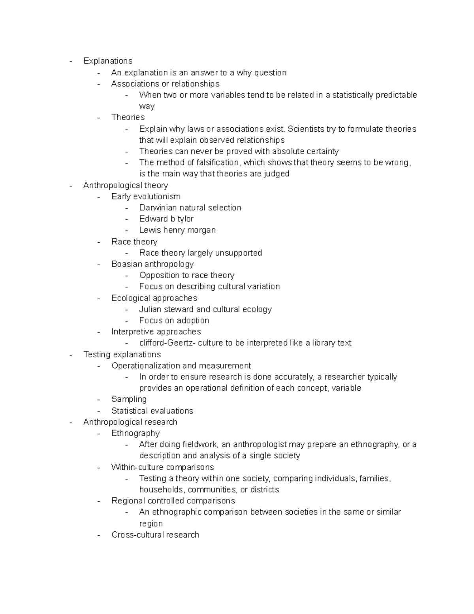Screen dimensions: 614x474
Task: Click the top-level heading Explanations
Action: click(107, 61)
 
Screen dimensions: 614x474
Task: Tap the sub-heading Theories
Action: click(128, 117)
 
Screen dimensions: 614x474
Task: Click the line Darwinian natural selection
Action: click(190, 208)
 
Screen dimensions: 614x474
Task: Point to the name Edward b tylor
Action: click(166, 219)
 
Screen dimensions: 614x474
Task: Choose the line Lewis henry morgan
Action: click(177, 230)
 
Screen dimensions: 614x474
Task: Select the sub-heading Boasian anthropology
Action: click(152, 264)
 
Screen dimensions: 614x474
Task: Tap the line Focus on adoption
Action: click(174, 321)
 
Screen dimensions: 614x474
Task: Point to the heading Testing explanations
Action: click(122, 355)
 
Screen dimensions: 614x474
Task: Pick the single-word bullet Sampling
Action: click(129, 399)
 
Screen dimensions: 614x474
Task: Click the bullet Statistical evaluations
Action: click(152, 411)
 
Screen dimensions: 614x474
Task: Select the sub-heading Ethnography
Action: click(135, 433)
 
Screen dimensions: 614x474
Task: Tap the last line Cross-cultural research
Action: click(155, 535)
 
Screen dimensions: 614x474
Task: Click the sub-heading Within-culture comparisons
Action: click(162, 467)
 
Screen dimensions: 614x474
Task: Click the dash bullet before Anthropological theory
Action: click(71, 186)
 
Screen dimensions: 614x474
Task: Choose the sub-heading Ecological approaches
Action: click(154, 298)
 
